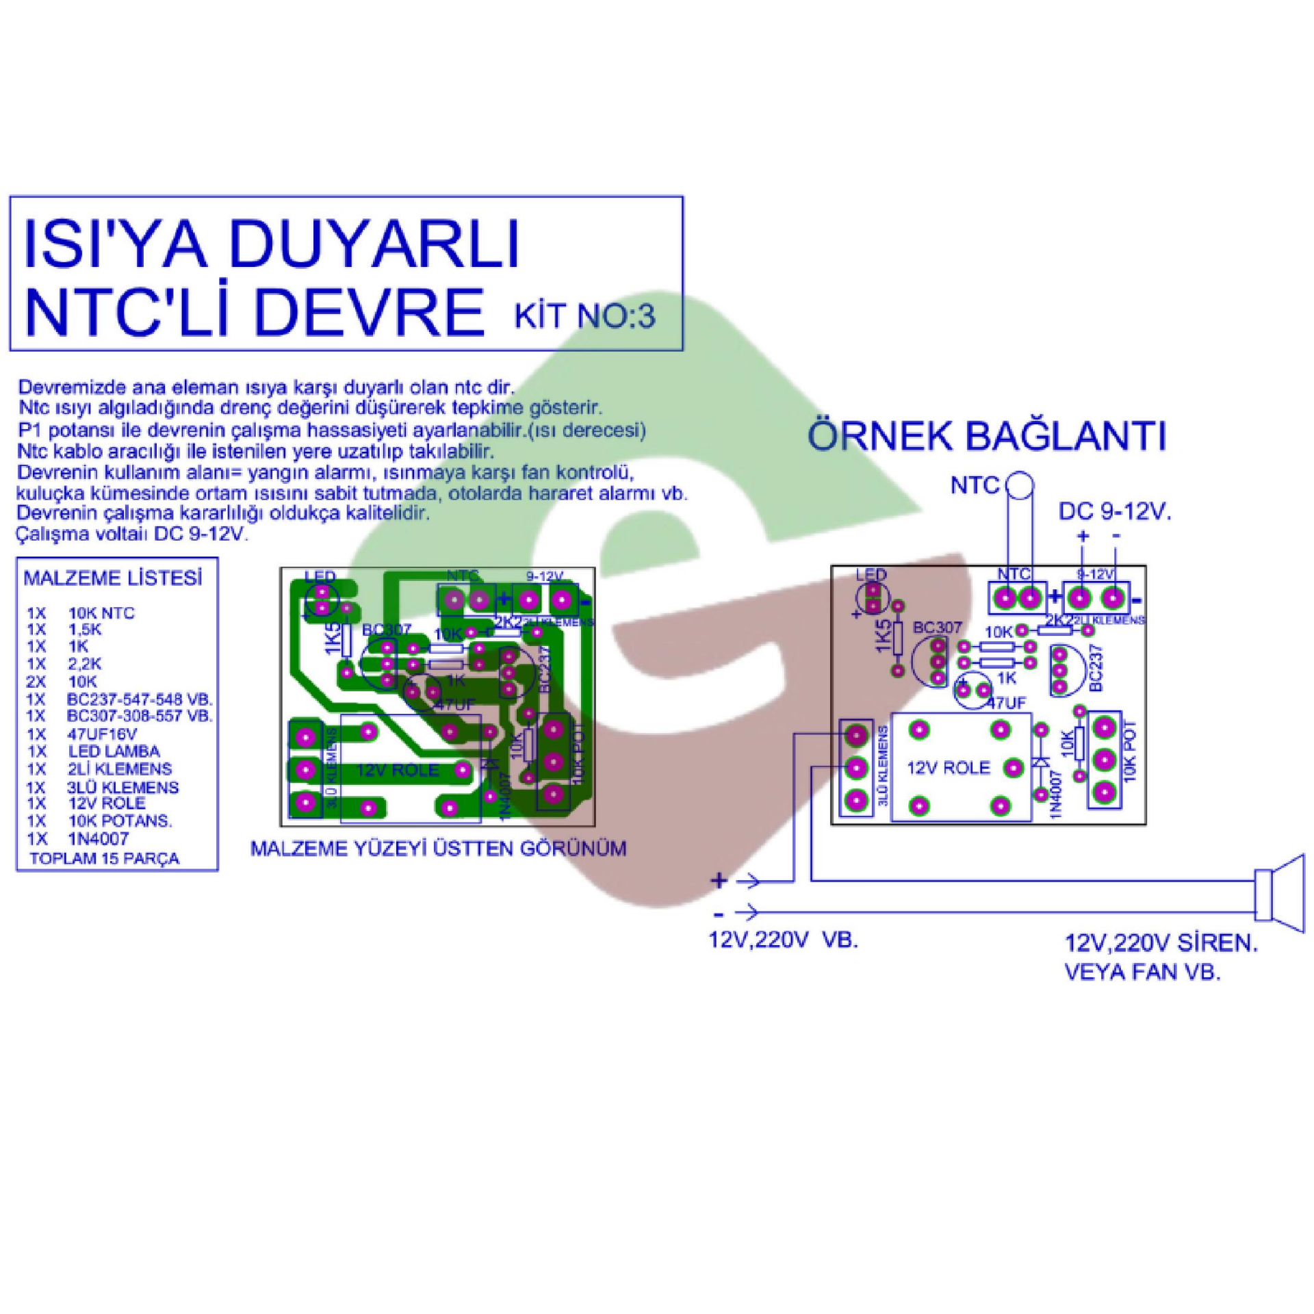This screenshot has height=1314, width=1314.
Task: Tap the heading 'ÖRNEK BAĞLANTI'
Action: click(x=986, y=437)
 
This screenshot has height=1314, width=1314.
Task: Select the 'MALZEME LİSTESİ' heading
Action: click(x=113, y=578)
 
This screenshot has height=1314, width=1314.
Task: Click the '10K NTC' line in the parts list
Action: click(x=101, y=613)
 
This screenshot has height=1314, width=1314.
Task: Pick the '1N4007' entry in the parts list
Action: click(x=98, y=838)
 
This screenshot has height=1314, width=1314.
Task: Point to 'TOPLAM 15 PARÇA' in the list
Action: click(x=104, y=859)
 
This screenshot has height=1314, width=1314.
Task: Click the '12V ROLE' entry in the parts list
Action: click(x=106, y=803)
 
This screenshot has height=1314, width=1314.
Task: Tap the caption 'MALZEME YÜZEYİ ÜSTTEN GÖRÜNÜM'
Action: click(x=438, y=849)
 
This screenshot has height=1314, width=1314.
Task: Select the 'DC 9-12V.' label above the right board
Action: click(x=1114, y=512)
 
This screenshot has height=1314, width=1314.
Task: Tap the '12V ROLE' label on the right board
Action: click(x=948, y=768)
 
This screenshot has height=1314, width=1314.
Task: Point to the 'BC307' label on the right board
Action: click(x=938, y=627)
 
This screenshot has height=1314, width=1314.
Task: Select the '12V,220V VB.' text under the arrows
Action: click(x=783, y=941)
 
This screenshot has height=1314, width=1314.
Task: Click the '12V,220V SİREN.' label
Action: click(x=1161, y=945)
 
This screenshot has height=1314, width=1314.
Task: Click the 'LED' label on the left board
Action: click(x=320, y=576)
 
